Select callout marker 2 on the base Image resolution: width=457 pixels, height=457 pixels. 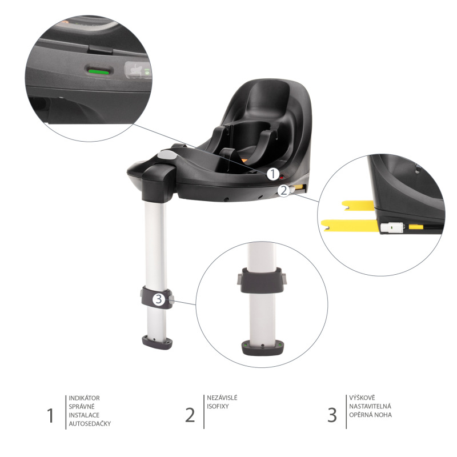pos(283,191)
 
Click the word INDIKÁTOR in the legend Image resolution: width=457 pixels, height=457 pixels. pos(85,398)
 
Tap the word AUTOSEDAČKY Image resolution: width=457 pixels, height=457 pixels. pos(90,424)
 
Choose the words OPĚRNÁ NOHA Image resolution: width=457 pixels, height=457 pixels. pos(372,415)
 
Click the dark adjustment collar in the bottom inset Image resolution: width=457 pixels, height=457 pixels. pos(261,280)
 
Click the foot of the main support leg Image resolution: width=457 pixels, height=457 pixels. pos(157,343)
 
